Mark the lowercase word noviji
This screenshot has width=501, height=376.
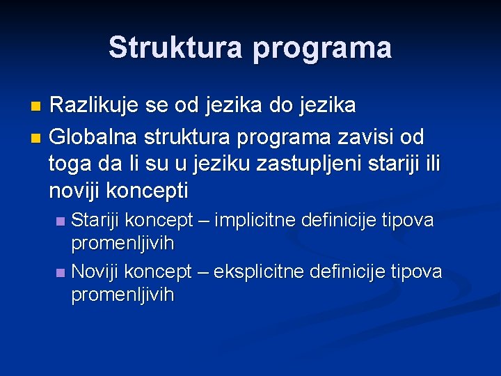pos(72,191)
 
